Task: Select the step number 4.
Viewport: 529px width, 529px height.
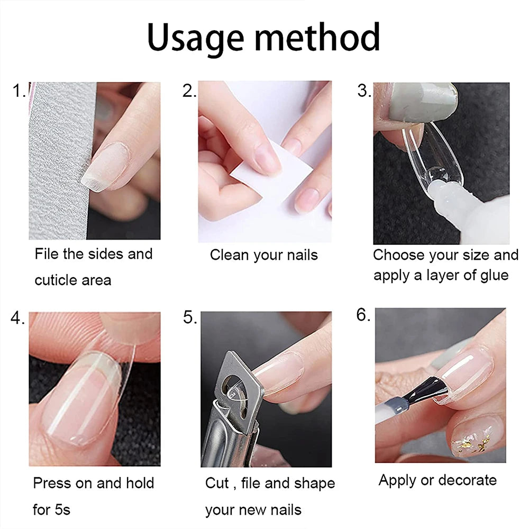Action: tap(17, 318)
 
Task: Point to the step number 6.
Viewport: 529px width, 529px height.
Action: tap(363, 315)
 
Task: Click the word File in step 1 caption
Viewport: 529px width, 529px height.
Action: tap(47, 254)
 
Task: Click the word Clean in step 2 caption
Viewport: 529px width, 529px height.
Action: tap(230, 255)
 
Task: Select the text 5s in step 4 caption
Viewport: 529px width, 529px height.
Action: tap(61, 510)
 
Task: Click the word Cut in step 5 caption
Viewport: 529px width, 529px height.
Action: tap(217, 484)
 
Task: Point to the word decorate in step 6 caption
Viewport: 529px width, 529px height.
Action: tap(468, 480)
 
